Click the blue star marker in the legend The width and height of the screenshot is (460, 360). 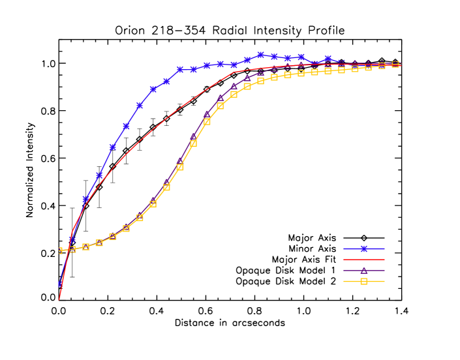pos(364,248)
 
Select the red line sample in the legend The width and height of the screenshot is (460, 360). pos(364,260)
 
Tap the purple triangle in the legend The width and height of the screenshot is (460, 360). pos(364,271)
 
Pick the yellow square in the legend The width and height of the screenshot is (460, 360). pos(364,282)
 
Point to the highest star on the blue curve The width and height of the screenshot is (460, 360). pos(260,55)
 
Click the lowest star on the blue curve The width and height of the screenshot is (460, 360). pos(60,284)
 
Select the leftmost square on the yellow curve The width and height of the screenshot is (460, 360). pos(60,250)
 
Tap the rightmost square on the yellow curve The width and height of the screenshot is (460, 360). pos(395,64)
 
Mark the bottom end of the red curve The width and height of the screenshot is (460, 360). pos(59,299)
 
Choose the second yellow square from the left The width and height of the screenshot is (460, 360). pos(72,249)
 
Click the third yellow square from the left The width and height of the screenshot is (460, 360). pos(86,247)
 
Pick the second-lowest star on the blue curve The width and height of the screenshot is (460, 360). pos(72,239)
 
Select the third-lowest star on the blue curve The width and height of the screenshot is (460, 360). pos(86,199)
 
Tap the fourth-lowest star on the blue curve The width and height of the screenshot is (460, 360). pos(99,175)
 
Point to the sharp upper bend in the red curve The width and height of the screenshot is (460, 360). pos(235,72)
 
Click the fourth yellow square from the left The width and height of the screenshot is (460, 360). pos(99,243)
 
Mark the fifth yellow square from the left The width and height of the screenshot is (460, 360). pos(113,236)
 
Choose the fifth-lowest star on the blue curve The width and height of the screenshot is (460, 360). pos(113,147)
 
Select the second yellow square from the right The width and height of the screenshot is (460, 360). pos(382,65)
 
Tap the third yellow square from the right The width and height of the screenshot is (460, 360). pos(369,67)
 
